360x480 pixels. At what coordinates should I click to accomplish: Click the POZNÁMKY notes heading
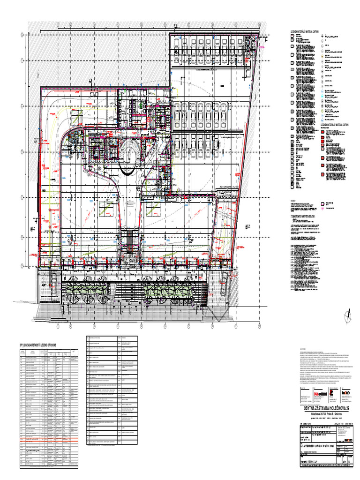point(294,200)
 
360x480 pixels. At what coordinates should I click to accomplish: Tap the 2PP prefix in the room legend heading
point(21,345)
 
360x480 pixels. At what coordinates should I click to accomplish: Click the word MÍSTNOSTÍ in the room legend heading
point(34,345)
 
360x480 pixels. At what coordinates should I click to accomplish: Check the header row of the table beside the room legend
point(112,338)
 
